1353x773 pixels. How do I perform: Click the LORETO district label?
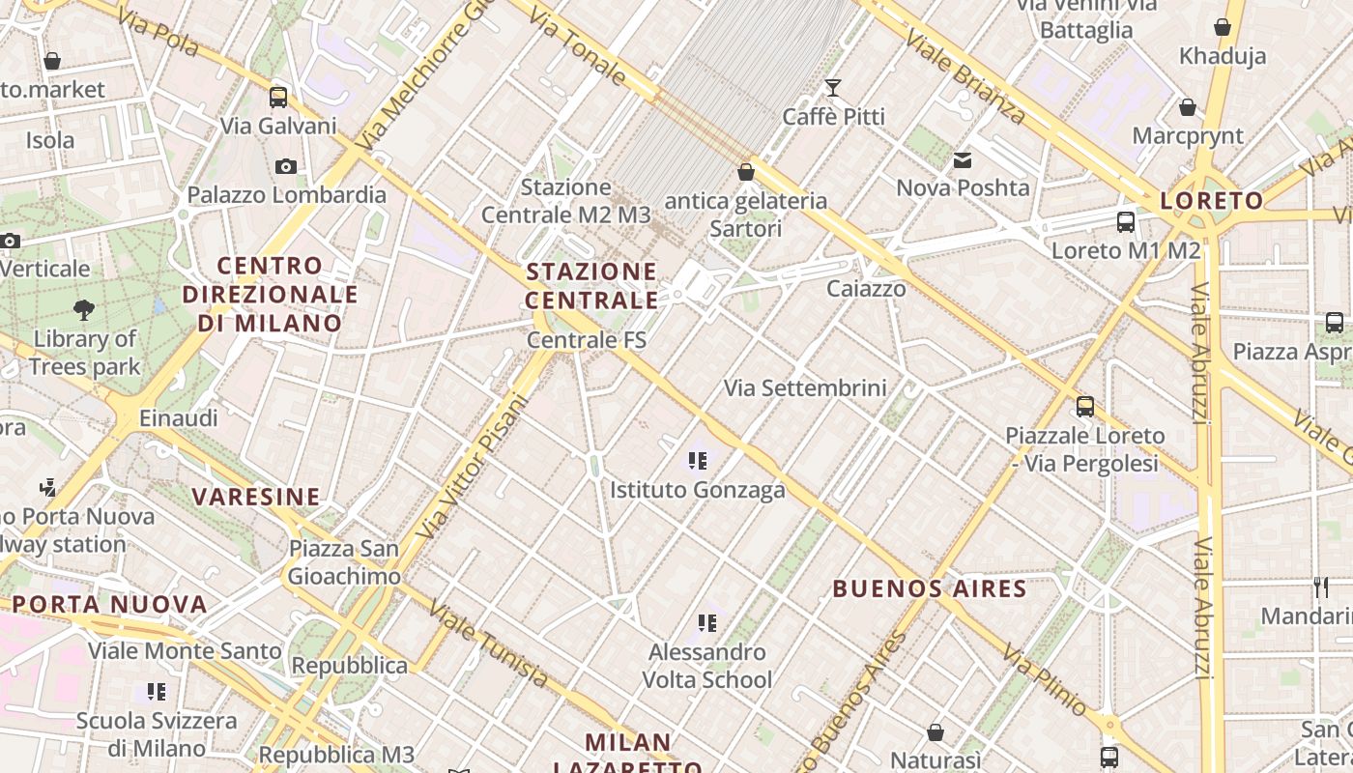pyautogui.click(x=1211, y=201)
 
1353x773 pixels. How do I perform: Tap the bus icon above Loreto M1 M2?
pyautogui.click(x=1126, y=222)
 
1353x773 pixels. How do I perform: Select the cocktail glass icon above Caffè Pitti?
pyautogui.click(x=832, y=88)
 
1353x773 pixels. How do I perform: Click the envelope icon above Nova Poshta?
pyautogui.click(x=963, y=160)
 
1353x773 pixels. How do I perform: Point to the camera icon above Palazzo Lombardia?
pyautogui.click(x=285, y=166)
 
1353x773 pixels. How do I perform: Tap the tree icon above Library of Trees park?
pyautogui.click(x=84, y=310)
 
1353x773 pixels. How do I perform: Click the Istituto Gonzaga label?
pyautogui.click(x=697, y=490)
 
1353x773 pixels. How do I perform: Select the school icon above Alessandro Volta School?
pyautogui.click(x=707, y=623)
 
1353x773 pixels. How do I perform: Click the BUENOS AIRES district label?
pyautogui.click(x=929, y=587)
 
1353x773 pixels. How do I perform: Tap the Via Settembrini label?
pyautogui.click(x=805, y=388)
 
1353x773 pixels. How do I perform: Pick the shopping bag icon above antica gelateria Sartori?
pyautogui.click(x=745, y=172)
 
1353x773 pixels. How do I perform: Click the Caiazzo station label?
pyautogui.click(x=866, y=288)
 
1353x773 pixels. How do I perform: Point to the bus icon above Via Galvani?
pyautogui.click(x=278, y=97)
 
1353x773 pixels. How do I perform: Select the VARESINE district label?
pyautogui.click(x=255, y=497)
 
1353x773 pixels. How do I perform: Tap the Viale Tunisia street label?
pyautogui.click(x=488, y=644)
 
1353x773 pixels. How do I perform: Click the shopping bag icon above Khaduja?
pyautogui.click(x=1223, y=27)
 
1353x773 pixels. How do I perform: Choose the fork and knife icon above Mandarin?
pyautogui.click(x=1320, y=587)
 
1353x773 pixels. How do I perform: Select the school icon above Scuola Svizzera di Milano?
pyautogui.click(x=157, y=692)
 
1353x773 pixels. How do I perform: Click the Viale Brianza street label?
pyautogui.click(x=965, y=75)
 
